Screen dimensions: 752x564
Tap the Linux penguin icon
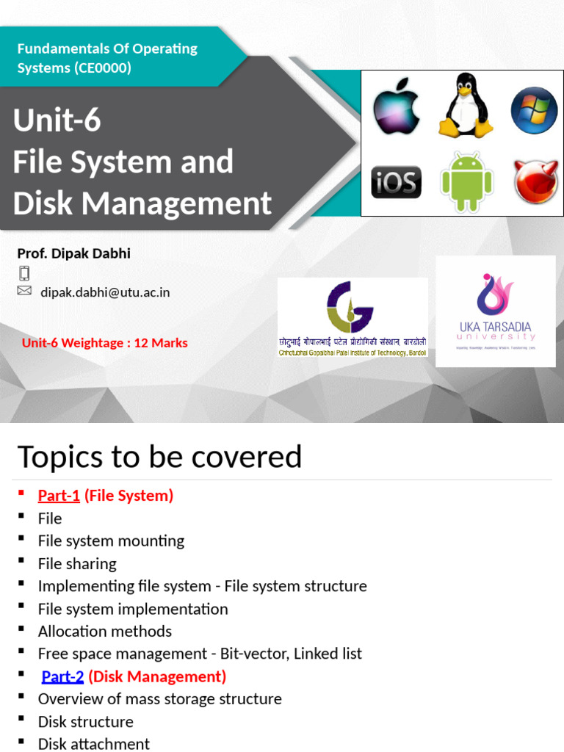(466, 106)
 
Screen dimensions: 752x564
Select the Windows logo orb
(534, 110)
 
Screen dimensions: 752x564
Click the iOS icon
(397, 182)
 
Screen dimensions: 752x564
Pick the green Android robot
(466, 181)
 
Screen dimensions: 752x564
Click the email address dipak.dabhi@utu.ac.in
(105, 292)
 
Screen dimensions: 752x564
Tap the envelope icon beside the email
(24, 291)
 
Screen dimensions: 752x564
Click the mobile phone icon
(24, 273)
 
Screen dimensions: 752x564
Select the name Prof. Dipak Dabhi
(74, 253)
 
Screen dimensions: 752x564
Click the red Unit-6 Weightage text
(104, 343)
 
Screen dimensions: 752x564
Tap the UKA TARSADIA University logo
(495, 311)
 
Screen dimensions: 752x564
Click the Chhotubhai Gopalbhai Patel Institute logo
(352, 321)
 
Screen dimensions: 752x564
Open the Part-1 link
(59, 496)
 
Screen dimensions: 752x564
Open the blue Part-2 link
(62, 676)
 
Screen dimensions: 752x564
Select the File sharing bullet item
(77, 564)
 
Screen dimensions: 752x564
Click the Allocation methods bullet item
(105, 632)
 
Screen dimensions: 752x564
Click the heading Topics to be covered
(159, 457)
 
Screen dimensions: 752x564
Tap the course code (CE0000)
(102, 68)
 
